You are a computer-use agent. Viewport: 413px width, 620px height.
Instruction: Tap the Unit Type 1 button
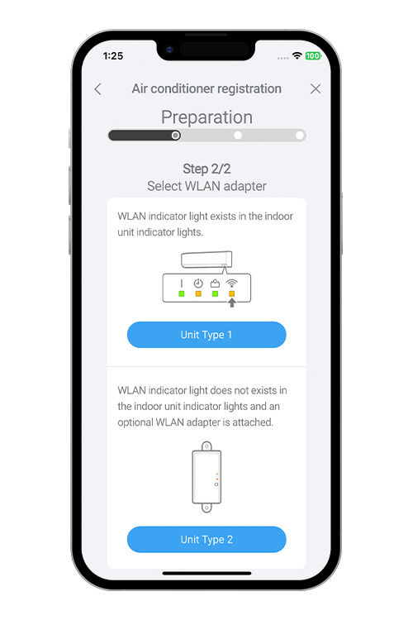tap(206, 335)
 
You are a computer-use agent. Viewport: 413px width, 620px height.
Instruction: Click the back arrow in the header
tap(98, 89)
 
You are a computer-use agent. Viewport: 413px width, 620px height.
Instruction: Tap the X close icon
tap(316, 88)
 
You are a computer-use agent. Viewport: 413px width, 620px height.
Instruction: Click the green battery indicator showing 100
tap(313, 55)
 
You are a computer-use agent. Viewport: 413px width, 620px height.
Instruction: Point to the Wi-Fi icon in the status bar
tap(297, 55)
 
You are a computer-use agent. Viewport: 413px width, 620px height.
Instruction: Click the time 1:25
tap(113, 55)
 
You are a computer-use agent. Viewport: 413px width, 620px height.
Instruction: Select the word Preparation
tap(206, 117)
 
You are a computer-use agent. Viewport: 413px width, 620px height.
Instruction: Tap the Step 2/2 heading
tap(206, 169)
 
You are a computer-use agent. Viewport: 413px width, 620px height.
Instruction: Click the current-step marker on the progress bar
tap(176, 136)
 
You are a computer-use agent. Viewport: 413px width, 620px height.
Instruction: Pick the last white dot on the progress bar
tap(300, 136)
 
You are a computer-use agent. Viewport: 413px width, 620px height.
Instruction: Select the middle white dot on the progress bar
tap(238, 136)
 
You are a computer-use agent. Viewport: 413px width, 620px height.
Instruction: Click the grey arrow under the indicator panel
tap(232, 303)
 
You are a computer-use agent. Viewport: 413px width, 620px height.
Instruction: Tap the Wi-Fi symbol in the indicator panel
tap(231, 283)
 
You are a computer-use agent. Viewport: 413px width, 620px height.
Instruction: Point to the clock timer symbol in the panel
tap(198, 283)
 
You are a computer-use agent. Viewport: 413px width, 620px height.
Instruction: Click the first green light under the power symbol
tap(182, 293)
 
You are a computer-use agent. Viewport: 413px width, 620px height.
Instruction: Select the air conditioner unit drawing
tap(206, 260)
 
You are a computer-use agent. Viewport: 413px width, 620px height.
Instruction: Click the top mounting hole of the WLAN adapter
tap(206, 446)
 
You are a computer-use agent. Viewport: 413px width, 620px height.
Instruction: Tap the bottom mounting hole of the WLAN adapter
tap(206, 507)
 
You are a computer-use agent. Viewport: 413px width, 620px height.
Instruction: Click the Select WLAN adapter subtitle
tap(206, 186)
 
